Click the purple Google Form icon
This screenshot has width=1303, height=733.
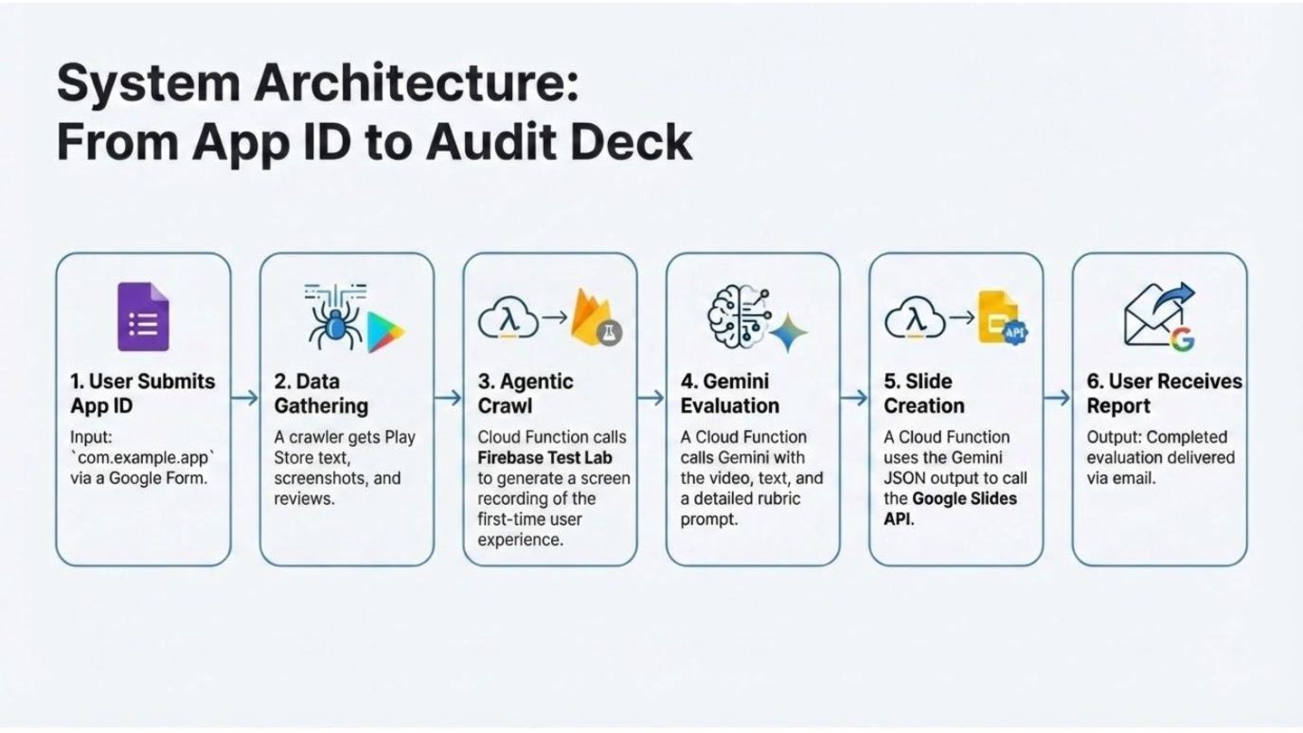143,317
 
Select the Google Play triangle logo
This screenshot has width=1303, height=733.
385,332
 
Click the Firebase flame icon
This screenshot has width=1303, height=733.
593,317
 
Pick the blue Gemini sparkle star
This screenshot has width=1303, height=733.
787,332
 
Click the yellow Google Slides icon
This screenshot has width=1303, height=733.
998,317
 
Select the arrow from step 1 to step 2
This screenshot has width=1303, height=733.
245,398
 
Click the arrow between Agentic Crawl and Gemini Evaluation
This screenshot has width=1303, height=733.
651,398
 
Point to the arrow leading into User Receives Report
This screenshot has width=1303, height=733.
1058,398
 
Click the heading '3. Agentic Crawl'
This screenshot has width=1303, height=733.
526,394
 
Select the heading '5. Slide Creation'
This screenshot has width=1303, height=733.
924,394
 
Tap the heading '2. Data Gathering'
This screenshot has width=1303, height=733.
321,394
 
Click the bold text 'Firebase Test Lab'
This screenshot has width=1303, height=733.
545,458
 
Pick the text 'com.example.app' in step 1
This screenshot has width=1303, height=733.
142,458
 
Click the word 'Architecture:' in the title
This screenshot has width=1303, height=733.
414,85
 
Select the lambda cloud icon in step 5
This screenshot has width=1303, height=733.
915,319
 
